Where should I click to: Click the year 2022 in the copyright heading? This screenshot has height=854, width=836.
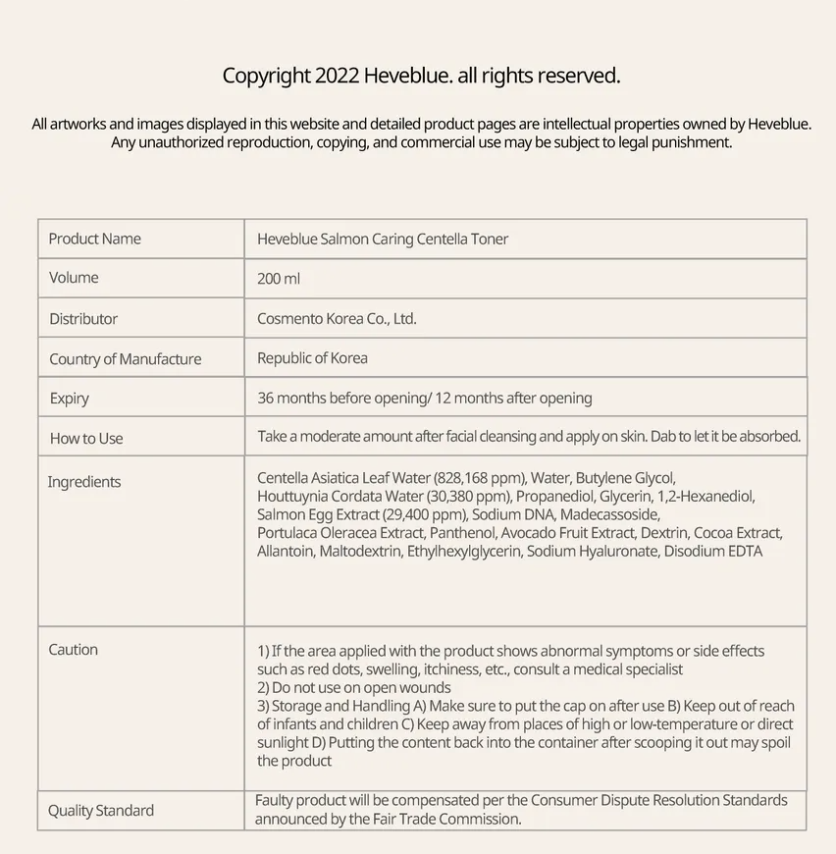(337, 76)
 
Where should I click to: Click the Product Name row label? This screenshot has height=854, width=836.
(94, 239)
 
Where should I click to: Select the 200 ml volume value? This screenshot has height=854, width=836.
(279, 279)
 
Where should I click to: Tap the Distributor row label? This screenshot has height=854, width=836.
(83, 319)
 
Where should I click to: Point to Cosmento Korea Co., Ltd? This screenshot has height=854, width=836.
(337, 319)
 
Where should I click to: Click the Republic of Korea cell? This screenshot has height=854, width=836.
(312, 358)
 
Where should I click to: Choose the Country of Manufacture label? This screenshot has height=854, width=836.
(125, 359)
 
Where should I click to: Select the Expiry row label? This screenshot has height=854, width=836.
(70, 399)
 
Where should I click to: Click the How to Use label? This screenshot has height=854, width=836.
(86, 439)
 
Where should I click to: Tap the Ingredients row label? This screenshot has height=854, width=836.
(84, 482)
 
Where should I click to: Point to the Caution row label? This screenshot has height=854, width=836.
(74, 650)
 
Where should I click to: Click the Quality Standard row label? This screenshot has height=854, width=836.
(101, 811)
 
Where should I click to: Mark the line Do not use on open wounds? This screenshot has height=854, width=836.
(360, 687)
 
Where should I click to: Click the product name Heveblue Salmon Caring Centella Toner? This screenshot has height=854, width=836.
(383, 239)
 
